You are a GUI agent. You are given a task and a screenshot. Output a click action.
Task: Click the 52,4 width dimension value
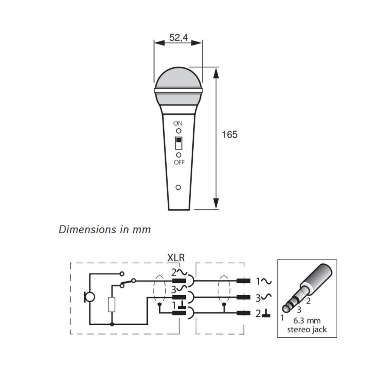pyautogui.click(x=179, y=37)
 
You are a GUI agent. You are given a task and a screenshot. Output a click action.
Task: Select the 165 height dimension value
pyautogui.click(x=230, y=135)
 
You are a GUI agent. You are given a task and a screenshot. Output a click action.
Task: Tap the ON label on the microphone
pyautogui.click(x=178, y=123)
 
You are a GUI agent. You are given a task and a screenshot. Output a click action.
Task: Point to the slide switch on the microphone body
pyautogui.click(x=179, y=143)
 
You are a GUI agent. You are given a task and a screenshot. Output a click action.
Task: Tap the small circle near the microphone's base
pyautogui.click(x=178, y=187)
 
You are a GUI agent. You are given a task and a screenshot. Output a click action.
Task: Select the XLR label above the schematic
pyautogui.click(x=176, y=258)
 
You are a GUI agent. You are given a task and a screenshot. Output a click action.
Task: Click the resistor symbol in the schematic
pyautogui.click(x=112, y=305)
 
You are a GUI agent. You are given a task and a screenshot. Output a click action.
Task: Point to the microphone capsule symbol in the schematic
pyautogui.click(x=89, y=297)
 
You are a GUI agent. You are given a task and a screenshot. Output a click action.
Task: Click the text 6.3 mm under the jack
pyautogui.click(x=307, y=321)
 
